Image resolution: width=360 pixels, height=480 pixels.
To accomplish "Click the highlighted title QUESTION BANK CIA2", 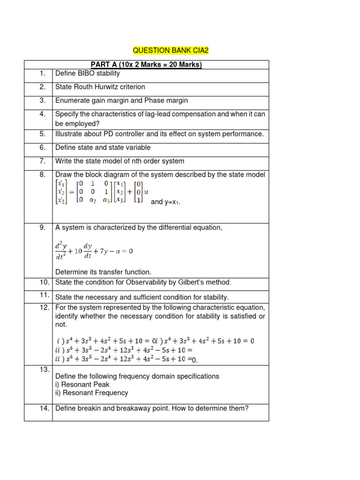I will point(170,50).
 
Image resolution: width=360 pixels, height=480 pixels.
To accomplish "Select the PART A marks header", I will point(146,65).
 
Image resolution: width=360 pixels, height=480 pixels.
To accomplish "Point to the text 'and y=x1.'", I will point(165,202).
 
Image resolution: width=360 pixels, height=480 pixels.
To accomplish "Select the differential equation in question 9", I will point(94,251).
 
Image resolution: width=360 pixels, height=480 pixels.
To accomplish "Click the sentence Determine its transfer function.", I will point(103,272).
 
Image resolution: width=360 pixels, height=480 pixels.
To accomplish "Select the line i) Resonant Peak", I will point(82,384).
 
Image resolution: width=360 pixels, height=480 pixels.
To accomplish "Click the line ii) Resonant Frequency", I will point(91,393).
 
